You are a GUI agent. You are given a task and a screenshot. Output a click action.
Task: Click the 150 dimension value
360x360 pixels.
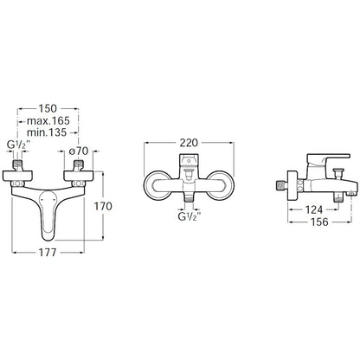click(x=48, y=109)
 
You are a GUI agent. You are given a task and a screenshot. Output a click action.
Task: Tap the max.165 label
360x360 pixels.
click(x=48, y=120)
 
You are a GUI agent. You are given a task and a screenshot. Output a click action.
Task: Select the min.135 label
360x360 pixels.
click(x=47, y=132)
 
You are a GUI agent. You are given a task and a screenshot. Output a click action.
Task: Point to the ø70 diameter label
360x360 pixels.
click(x=79, y=151)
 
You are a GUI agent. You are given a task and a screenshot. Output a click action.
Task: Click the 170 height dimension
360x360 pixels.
click(x=103, y=206)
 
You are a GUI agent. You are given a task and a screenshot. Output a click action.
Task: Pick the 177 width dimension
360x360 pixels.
click(x=48, y=253)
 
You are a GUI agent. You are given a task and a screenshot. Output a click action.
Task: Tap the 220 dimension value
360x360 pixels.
click(x=189, y=143)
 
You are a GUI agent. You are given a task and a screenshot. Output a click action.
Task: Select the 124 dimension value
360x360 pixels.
click(x=313, y=209)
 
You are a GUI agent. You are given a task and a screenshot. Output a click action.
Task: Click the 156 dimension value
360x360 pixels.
click(x=319, y=222)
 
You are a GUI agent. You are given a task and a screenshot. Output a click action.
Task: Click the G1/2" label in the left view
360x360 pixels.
click(x=17, y=145)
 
